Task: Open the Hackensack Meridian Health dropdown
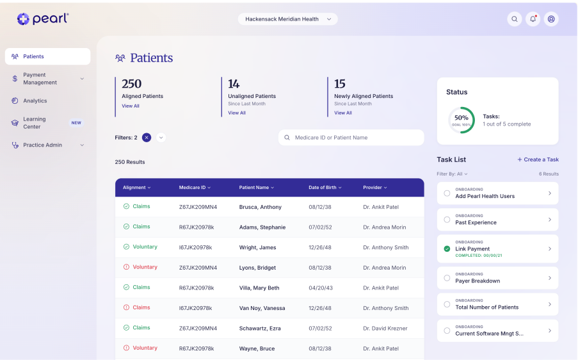287,19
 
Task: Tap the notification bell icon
533,19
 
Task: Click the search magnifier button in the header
514,19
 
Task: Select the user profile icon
551,19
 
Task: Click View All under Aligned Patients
131,106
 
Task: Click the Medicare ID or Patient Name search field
351,138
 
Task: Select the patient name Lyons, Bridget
257,268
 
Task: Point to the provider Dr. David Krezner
385,328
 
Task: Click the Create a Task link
538,160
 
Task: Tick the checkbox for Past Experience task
447,220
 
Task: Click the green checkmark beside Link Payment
447,249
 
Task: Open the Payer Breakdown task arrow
550,278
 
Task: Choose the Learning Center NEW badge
76,123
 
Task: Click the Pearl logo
43,19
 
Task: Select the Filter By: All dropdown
452,174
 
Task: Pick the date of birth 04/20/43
320,288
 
